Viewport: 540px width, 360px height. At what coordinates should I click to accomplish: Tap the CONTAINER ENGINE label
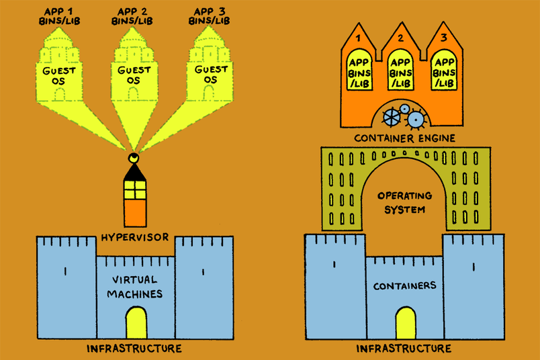point(405,138)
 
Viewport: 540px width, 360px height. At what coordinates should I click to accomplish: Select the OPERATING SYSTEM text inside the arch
point(402,202)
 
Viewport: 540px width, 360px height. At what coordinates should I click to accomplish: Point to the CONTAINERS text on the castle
point(405,285)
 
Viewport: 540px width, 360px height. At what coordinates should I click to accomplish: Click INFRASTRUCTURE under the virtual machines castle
point(134,349)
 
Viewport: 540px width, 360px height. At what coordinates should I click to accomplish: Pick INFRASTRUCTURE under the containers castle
point(404,349)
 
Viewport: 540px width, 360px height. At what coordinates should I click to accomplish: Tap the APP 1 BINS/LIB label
point(58,15)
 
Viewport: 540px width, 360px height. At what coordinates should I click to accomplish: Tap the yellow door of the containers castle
point(405,323)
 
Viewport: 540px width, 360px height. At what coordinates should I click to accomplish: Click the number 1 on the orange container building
point(358,38)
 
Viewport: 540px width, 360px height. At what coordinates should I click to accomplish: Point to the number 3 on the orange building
point(443,38)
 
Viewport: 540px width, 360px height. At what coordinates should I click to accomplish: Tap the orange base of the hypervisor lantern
point(135,213)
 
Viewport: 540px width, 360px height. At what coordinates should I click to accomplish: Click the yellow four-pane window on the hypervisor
point(135,191)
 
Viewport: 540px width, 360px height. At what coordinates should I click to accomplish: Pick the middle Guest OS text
point(134,75)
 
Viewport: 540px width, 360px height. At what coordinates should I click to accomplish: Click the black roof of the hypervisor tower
point(135,173)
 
